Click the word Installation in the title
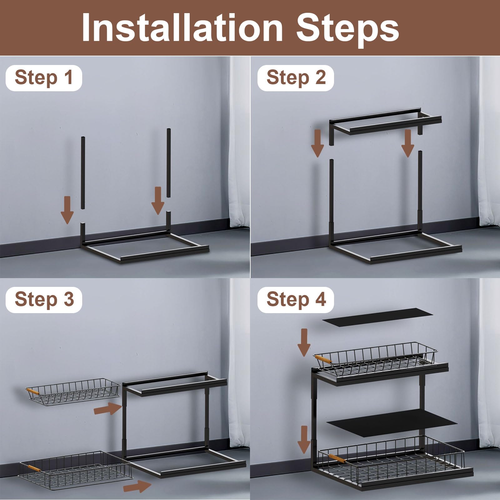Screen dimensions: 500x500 pyautogui.click(x=182, y=27)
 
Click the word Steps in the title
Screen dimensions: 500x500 pyautogui.click(x=347, y=30)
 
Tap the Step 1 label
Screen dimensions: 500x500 pyautogui.click(x=44, y=78)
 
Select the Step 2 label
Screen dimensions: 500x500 pyautogui.click(x=296, y=78)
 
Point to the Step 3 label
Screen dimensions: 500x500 pyautogui.click(x=44, y=300)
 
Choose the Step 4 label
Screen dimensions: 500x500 pyautogui.click(x=296, y=300)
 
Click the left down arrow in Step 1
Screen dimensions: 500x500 pyautogui.click(x=67, y=210)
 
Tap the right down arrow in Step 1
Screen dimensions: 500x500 pyautogui.click(x=158, y=201)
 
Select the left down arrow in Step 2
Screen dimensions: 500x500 pyautogui.click(x=317, y=143)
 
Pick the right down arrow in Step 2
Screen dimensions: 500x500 pyautogui.click(x=408, y=143)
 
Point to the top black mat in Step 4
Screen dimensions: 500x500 pyautogui.click(x=377, y=317)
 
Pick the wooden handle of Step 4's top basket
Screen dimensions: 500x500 pyautogui.click(x=323, y=359)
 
